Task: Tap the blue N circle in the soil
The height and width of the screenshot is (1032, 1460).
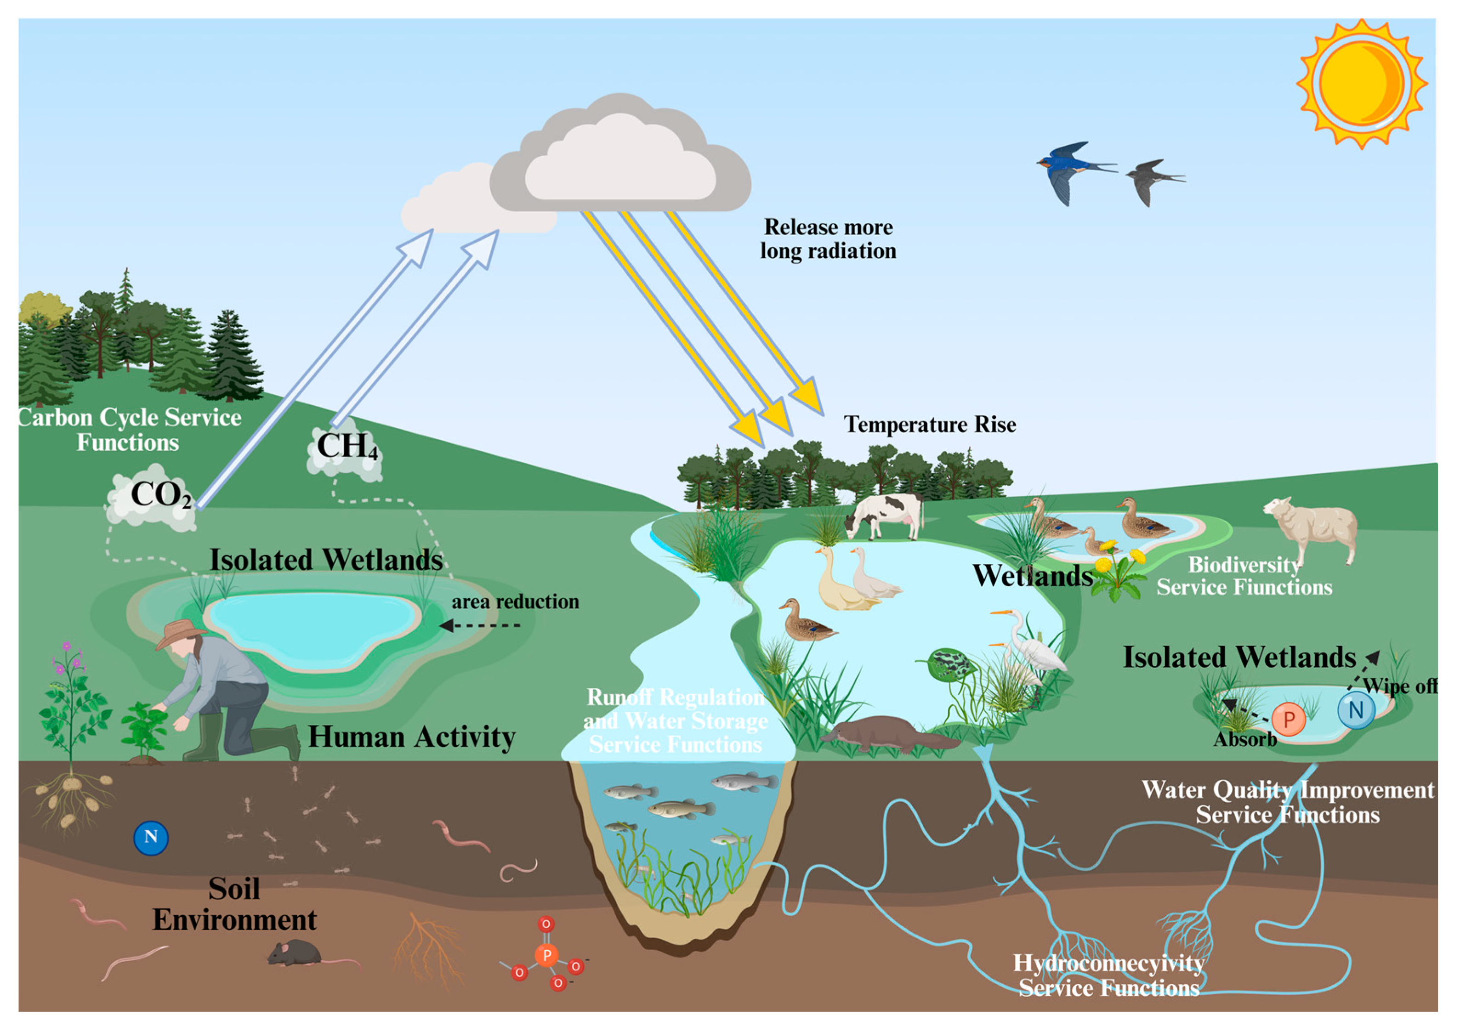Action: tap(151, 838)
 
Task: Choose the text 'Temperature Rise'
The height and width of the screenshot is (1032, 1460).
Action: tap(930, 424)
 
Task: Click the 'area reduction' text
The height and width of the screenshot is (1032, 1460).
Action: tap(515, 601)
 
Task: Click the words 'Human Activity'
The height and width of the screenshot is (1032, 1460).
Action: tap(411, 737)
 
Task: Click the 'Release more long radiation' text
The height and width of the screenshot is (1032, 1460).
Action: tap(828, 239)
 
